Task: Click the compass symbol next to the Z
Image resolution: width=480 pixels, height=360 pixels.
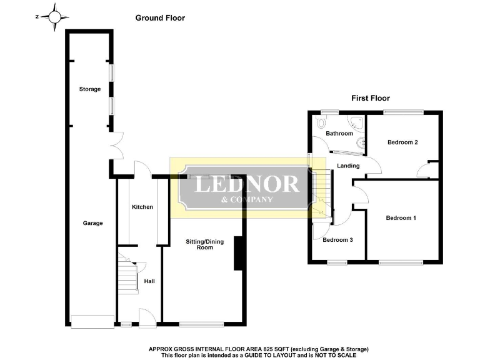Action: (x=56, y=17)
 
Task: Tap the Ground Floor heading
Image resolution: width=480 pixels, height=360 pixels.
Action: (x=160, y=18)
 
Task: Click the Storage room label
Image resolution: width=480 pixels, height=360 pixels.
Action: (x=89, y=89)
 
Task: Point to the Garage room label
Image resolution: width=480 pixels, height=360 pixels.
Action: (x=92, y=223)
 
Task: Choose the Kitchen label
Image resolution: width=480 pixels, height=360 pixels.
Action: (x=142, y=207)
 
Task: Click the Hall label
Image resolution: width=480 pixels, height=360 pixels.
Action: (x=149, y=281)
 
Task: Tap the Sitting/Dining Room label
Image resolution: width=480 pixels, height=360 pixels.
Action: (x=200, y=244)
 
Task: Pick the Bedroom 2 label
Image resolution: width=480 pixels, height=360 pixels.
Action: (x=402, y=142)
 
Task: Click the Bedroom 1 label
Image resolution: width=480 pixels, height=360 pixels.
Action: (x=401, y=218)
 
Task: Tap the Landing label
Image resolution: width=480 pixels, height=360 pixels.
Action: (x=348, y=166)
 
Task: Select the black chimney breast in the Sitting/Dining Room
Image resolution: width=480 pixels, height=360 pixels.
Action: (x=238, y=253)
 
